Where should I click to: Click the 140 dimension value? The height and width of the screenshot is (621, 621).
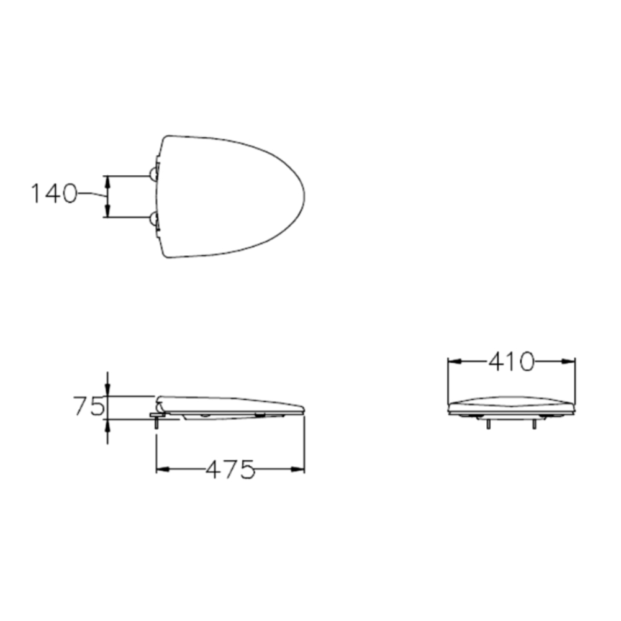(53, 194)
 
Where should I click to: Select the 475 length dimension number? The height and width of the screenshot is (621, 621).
(230, 469)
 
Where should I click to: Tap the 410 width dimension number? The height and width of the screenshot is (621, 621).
(511, 361)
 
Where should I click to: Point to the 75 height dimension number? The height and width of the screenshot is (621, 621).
(88, 407)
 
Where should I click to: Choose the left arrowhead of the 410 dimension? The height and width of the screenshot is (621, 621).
(454, 360)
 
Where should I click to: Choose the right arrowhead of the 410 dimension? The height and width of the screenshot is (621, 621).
(569, 360)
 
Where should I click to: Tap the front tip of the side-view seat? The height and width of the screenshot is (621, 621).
(303, 409)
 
